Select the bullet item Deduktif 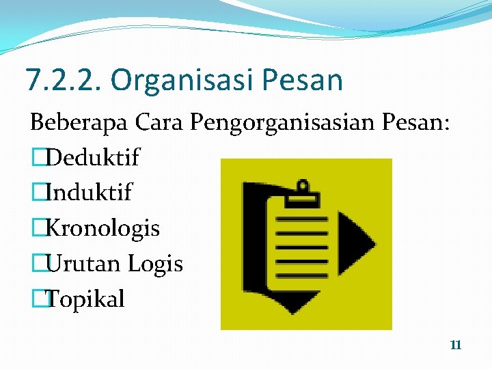tap(92, 157)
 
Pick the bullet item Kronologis tap(102, 228)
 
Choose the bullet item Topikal tap(85, 299)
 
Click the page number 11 tap(456, 345)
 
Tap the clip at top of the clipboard tap(303, 192)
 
